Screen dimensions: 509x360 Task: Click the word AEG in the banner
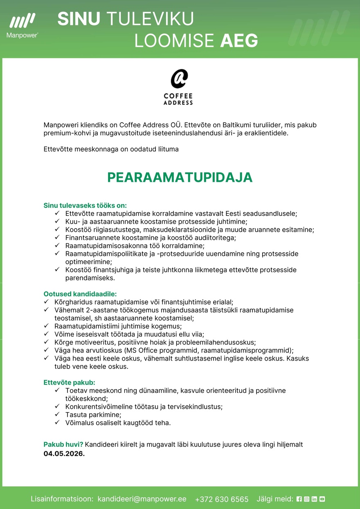coord(239,41)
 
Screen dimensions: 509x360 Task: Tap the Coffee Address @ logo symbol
coord(179,78)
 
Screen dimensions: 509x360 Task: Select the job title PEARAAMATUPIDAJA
coord(180,177)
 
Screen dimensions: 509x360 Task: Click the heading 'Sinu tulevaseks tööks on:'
coord(85,205)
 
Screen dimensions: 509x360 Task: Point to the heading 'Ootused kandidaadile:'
coord(80,294)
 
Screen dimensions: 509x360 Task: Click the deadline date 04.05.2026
coord(64,453)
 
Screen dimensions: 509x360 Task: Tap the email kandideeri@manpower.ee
coord(142,499)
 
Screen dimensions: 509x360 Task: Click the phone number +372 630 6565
coord(222,499)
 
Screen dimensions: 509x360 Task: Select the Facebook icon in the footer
coord(299,499)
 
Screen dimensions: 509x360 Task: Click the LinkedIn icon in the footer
coord(314,499)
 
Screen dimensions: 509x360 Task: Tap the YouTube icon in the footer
coord(322,499)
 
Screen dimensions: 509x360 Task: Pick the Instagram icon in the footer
coord(306,499)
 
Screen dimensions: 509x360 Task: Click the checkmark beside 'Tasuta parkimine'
coord(57,415)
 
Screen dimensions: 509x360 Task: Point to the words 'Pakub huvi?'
coord(63,444)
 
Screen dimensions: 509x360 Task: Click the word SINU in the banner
coord(79,19)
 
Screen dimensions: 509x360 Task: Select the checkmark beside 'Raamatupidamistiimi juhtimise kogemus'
coord(46,326)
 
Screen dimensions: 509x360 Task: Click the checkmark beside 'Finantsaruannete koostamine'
coord(57,237)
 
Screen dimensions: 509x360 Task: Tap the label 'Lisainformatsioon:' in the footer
coord(62,499)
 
